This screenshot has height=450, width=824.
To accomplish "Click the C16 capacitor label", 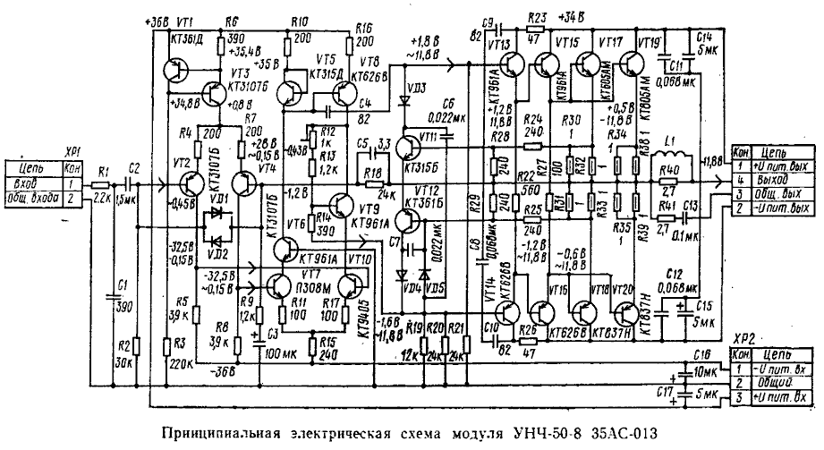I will (700, 355).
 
